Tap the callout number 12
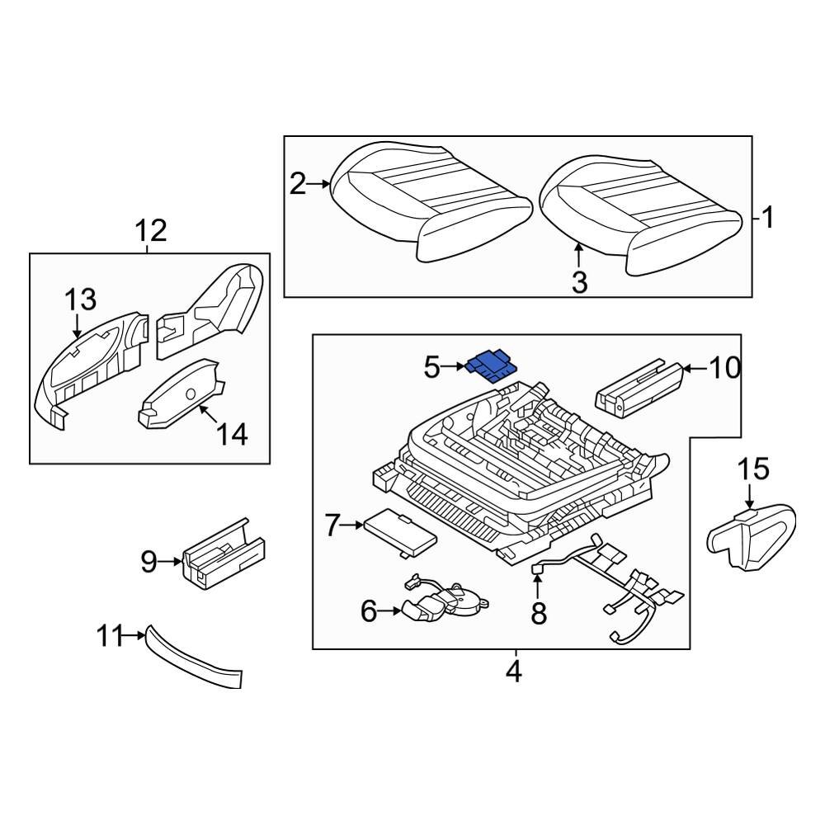(x=151, y=230)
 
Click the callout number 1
(x=767, y=219)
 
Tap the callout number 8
(x=539, y=615)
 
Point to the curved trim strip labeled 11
(x=194, y=660)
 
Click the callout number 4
(x=513, y=672)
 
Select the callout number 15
(x=752, y=470)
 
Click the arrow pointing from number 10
(x=693, y=368)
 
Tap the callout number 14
(x=231, y=434)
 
